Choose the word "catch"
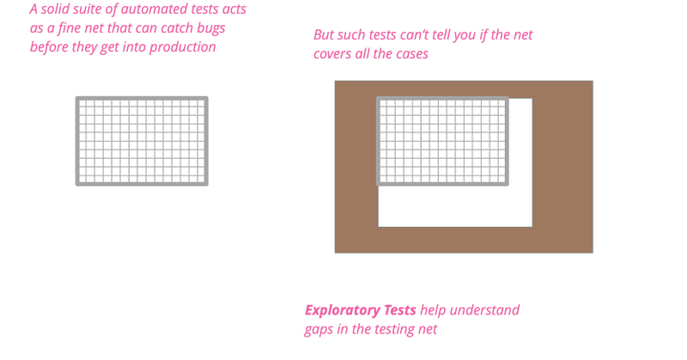coord(188,28)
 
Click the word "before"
coord(51,46)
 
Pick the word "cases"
coord(410,54)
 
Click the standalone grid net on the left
coord(142,141)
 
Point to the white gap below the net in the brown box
coord(455,206)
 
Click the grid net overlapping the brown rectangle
coord(442,141)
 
